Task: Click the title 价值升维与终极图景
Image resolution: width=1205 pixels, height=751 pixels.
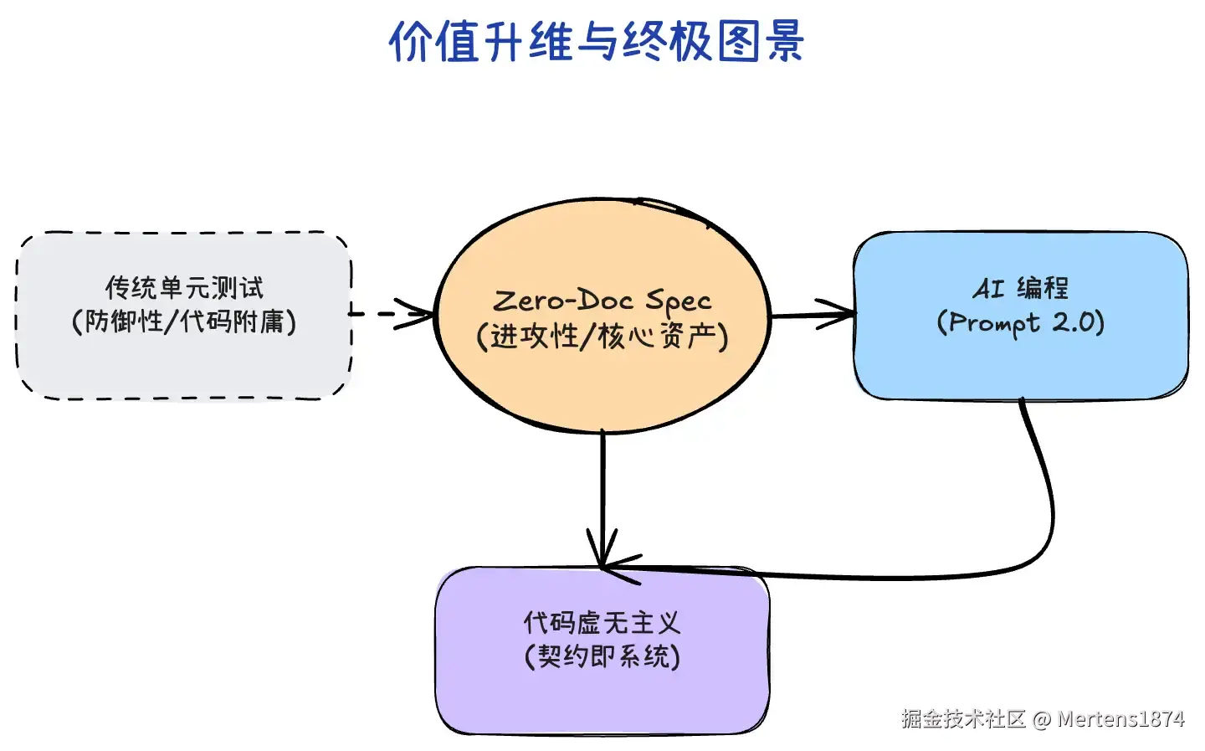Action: pos(597,42)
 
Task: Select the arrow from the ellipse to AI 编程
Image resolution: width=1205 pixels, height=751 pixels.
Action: pos(812,316)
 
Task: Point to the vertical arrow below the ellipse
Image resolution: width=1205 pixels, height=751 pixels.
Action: pos(602,494)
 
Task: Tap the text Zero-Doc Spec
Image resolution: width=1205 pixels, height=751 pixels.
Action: pos(602,300)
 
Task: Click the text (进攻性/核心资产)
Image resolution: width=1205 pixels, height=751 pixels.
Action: pos(602,337)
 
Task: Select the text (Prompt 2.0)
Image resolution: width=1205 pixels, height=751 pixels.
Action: pos(1021,322)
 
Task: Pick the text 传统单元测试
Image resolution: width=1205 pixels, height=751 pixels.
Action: pos(184,288)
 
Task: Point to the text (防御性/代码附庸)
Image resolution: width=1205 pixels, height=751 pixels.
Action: pos(184,321)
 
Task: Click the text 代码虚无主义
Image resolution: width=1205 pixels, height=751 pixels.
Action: pos(602,623)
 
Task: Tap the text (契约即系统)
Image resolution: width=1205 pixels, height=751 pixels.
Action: pos(602,656)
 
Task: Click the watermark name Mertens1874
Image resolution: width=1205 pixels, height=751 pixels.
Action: pos(1121,719)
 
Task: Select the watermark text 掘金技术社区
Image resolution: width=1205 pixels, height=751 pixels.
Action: pos(964,719)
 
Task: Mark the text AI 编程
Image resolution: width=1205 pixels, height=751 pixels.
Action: pos(1021,288)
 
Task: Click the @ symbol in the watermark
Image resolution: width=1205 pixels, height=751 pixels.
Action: pos(1042,719)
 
